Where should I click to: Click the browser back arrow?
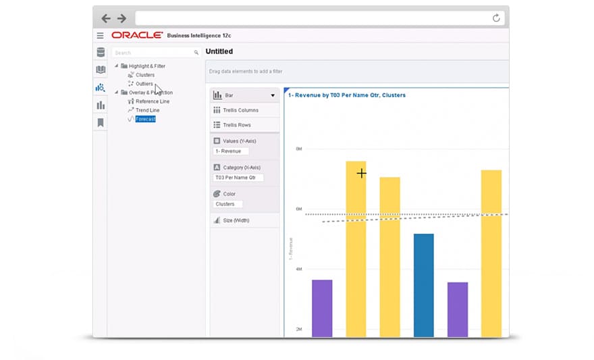106,18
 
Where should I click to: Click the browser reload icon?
496,18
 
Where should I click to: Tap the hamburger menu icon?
100,36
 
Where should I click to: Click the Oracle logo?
137,35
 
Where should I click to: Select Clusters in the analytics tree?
145,75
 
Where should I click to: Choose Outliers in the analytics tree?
144,84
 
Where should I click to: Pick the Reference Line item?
152,101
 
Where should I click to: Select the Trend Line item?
147,110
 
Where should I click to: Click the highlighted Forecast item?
145,119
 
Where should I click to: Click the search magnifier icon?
196,52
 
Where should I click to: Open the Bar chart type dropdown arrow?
273,96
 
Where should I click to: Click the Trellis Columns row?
240,110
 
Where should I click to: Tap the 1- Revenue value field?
231,151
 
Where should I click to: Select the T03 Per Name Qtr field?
238,178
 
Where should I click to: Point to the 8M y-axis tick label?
298,149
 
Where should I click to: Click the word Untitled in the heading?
219,51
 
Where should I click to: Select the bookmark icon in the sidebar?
101,122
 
